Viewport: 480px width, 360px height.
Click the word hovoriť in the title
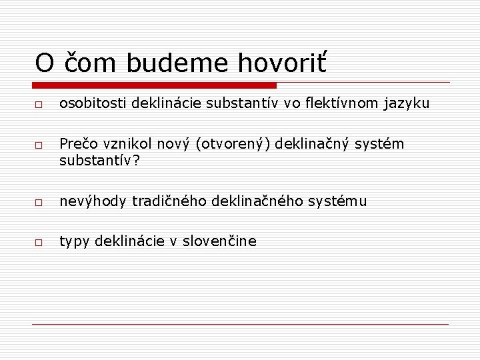click(x=283, y=63)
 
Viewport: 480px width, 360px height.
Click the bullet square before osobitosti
click(x=39, y=105)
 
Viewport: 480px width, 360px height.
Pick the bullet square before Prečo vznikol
click(x=39, y=145)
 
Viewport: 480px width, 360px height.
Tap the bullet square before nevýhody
click(x=39, y=202)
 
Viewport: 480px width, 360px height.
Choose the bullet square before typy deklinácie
click(x=39, y=243)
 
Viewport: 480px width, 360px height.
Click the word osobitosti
click(x=93, y=103)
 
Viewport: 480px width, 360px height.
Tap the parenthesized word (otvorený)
click(x=234, y=145)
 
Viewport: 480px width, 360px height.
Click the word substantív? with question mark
click(x=99, y=161)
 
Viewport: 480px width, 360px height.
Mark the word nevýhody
click(x=93, y=201)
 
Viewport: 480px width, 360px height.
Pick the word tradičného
click(x=170, y=201)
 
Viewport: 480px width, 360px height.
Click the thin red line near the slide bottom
click(x=240, y=324)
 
